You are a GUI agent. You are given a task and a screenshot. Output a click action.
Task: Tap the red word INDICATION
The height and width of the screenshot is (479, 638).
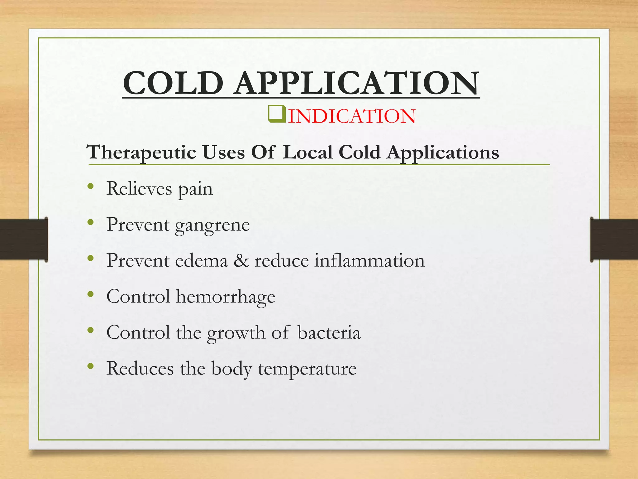point(352,116)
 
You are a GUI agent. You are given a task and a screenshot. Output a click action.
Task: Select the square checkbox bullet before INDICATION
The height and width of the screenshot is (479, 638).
point(276,114)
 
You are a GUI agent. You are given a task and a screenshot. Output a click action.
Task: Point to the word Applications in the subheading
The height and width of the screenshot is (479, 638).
point(443,153)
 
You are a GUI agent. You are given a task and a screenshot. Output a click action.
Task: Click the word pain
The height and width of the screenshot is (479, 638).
point(195,189)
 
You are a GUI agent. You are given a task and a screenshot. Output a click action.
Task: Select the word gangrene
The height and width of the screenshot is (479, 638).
point(212,225)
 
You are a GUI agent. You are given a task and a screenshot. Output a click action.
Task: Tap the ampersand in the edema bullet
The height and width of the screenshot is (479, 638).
point(241,261)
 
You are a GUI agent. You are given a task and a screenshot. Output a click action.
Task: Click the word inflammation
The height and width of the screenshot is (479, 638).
point(369,261)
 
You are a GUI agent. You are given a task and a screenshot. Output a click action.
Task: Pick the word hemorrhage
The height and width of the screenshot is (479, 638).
point(226,297)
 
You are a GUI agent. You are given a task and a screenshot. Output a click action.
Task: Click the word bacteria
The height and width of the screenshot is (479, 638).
point(329,332)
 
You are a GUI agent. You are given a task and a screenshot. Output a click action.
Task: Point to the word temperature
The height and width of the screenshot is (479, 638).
point(307,369)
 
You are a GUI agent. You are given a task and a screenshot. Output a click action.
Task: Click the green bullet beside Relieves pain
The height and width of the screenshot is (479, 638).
point(91,186)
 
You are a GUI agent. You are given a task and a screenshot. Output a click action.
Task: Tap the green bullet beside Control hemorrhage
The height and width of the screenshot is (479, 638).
point(91,294)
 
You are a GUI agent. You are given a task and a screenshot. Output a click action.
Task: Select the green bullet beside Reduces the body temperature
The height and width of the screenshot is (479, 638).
point(91,366)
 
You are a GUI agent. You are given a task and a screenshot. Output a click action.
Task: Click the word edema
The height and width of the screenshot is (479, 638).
point(201,261)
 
